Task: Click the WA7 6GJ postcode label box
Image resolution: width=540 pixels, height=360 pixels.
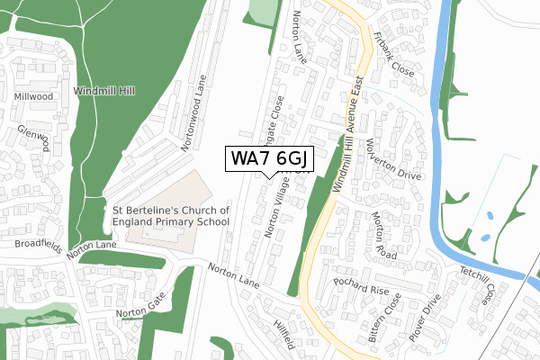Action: point(269,158)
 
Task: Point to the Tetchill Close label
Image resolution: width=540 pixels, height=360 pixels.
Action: point(478,283)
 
